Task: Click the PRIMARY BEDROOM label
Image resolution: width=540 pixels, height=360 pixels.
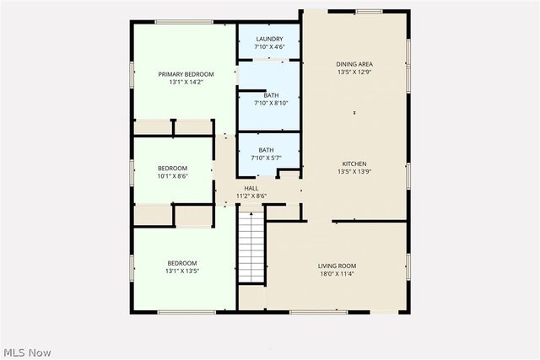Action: [186, 74]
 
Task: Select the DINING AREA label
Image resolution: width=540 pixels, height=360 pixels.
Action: [354, 64]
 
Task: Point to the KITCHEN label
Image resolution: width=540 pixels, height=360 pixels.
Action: [354, 164]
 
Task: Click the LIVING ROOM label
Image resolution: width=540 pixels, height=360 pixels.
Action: [337, 266]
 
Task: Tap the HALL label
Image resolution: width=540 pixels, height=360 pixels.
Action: [251, 188]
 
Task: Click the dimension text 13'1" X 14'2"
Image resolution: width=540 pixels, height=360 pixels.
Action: [186, 83]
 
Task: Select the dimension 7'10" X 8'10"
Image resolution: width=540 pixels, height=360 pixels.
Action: [270, 103]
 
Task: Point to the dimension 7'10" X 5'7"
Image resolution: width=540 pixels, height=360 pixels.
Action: [266, 158]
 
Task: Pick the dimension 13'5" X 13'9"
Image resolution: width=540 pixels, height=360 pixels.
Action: [354, 172]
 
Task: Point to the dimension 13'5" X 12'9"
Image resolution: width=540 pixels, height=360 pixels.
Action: [354, 73]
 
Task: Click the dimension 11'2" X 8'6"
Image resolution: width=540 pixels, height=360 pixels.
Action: [251, 196]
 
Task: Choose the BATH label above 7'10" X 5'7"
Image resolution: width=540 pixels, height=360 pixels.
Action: [266, 150]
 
